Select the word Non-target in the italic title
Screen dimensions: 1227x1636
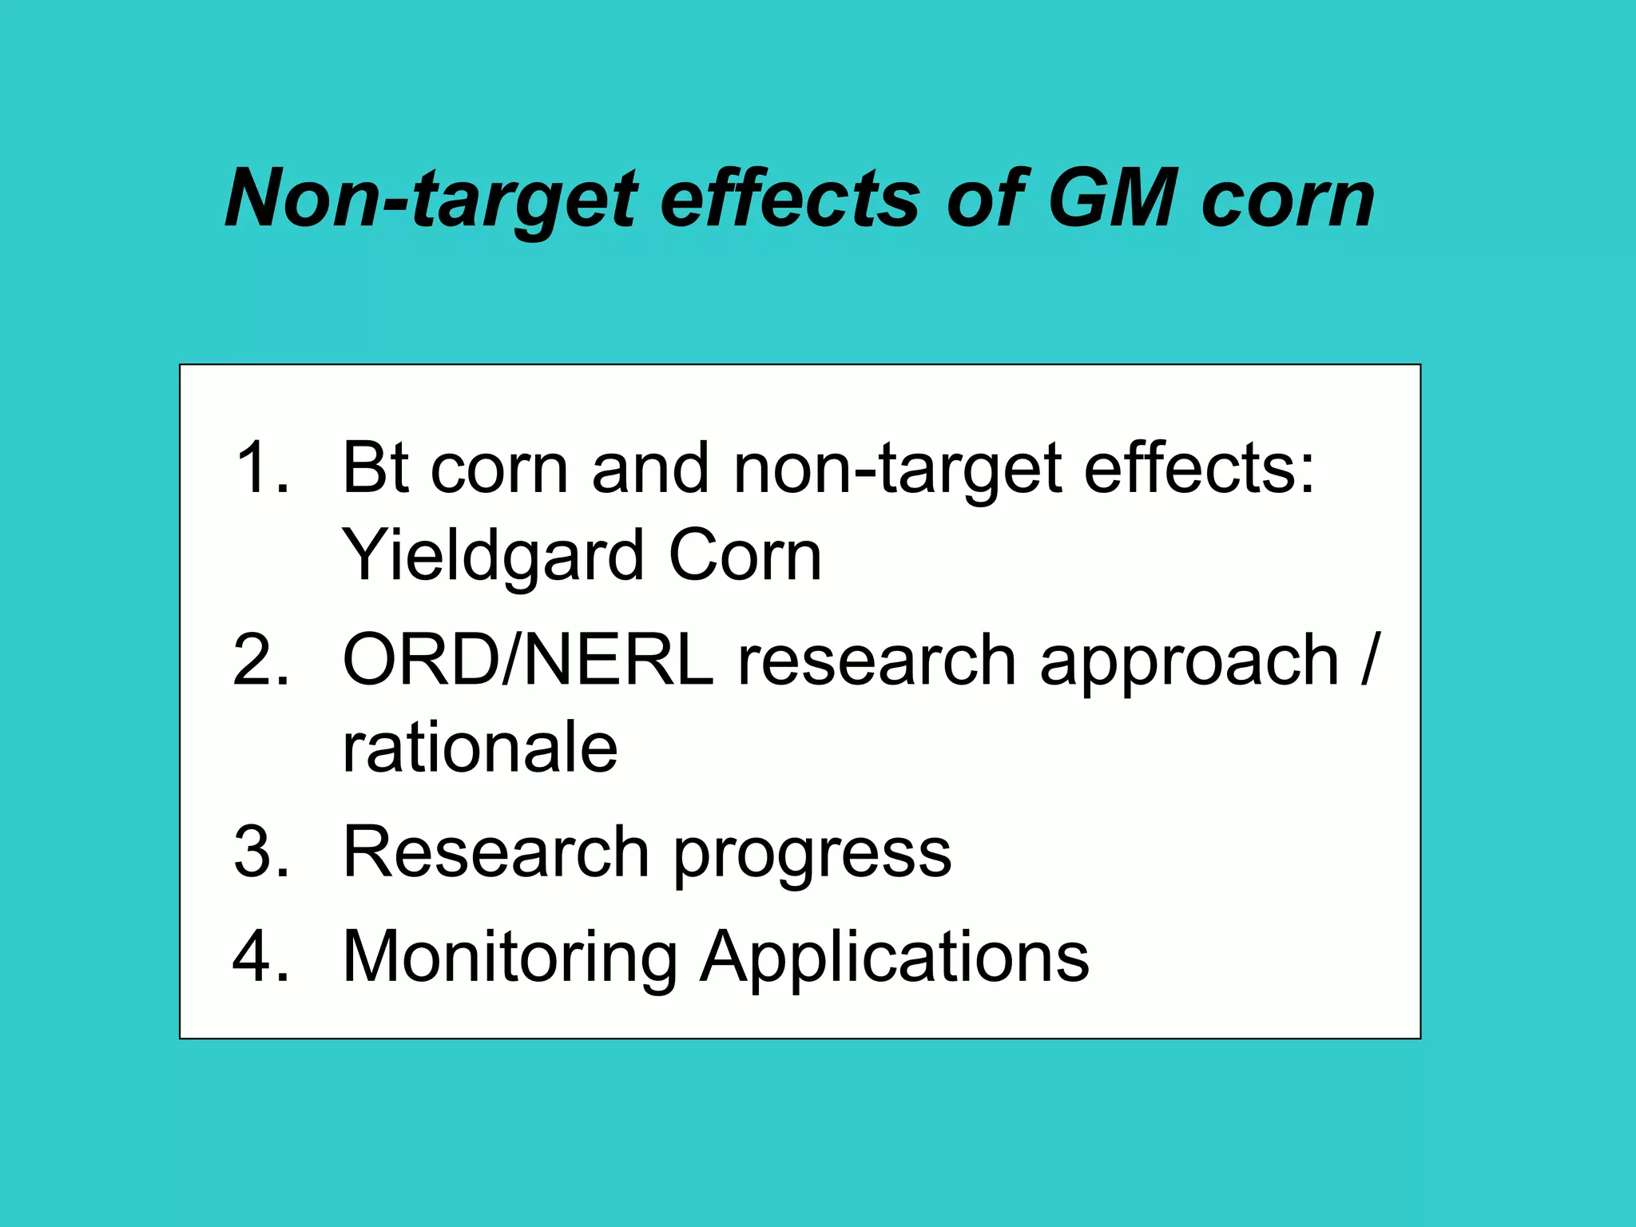point(431,200)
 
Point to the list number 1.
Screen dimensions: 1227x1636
point(262,468)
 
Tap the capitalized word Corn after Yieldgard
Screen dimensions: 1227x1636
point(745,556)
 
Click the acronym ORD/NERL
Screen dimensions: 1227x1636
point(527,660)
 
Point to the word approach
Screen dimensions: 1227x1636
point(1189,661)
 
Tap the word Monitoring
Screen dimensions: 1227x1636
point(510,957)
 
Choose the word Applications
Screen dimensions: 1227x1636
point(895,957)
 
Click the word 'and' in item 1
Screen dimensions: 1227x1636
point(650,468)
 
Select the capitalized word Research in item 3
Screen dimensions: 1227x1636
point(495,852)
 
